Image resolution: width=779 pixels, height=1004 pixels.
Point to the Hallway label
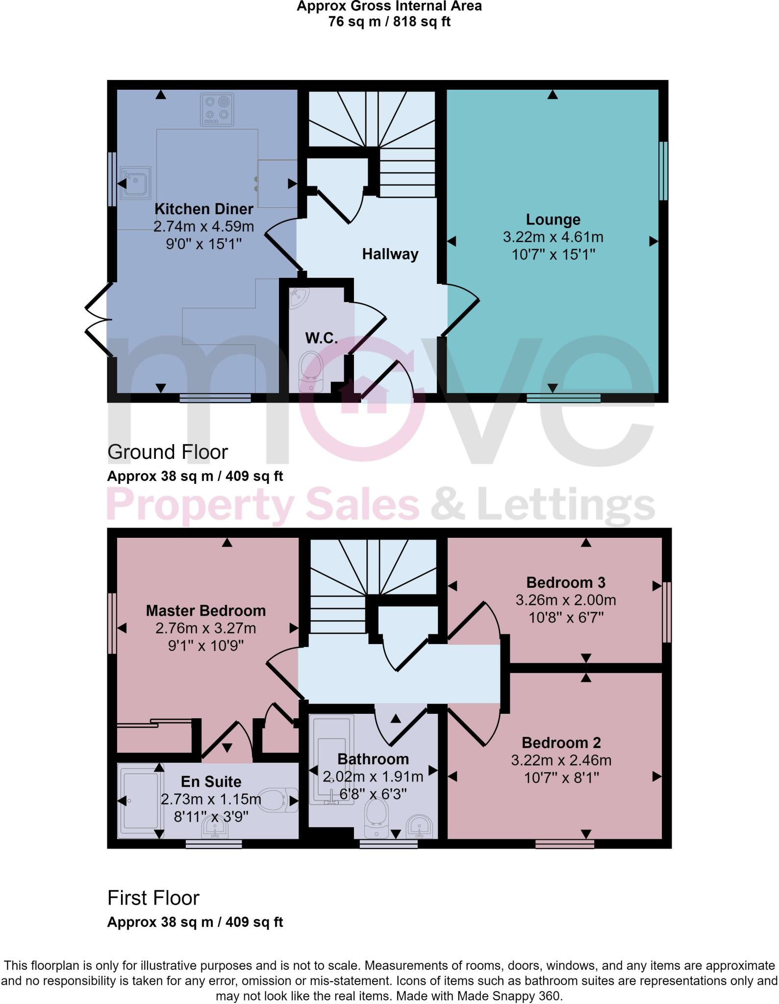click(390, 254)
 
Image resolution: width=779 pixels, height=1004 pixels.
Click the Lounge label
click(553, 220)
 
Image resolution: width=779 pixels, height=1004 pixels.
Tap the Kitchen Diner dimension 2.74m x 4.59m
click(204, 226)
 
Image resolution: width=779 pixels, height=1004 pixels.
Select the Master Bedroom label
click(206, 611)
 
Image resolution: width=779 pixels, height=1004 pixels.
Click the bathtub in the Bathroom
click(331, 762)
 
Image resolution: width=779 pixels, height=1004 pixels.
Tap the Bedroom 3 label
click(566, 582)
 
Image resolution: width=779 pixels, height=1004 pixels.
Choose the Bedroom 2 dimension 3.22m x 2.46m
click(561, 760)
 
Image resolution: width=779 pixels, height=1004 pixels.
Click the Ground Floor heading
click(168, 452)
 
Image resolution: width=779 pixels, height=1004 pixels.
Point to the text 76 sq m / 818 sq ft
click(389, 22)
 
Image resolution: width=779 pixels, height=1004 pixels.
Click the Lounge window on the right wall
click(663, 171)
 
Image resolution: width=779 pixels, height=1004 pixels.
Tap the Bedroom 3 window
click(667, 612)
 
